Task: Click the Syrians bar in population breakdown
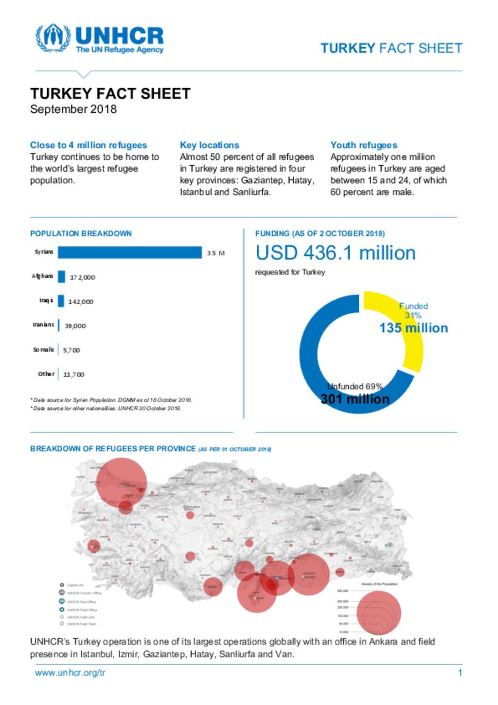tap(129, 253)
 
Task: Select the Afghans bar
tap(61, 277)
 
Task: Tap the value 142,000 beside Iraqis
tap(81, 302)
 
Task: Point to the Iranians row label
tap(43, 325)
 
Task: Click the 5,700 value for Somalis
tap(71, 350)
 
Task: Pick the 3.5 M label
tap(215, 253)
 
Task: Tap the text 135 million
tap(413, 328)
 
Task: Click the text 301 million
tap(355, 399)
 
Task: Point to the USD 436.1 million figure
tap(336, 253)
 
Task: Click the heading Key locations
tap(209, 145)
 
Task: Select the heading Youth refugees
tap(364, 145)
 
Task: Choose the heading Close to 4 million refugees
tap(89, 145)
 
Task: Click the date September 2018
tap(73, 109)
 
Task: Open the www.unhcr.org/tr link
tap(70, 673)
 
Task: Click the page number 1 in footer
tap(460, 673)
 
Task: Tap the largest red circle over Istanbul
tap(122, 483)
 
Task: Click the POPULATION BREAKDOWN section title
tap(81, 234)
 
